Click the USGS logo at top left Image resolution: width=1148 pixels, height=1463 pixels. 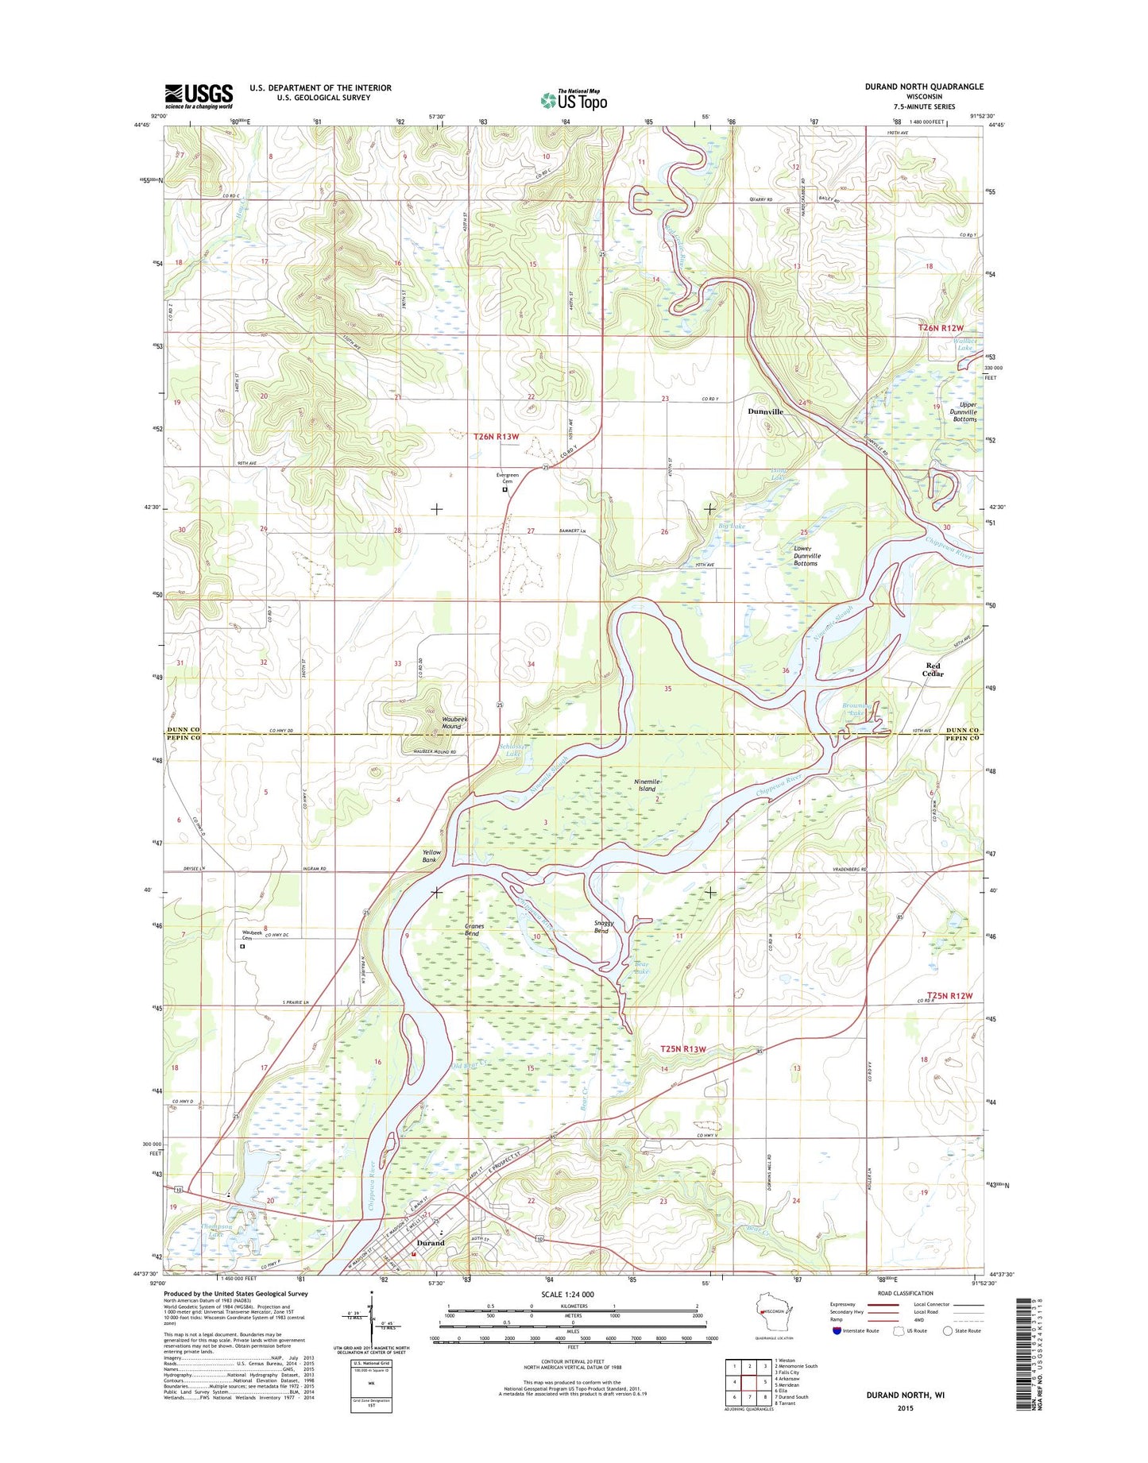click(x=199, y=96)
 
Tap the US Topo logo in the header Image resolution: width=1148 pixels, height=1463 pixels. click(x=574, y=100)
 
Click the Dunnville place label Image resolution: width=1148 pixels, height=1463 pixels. click(x=765, y=411)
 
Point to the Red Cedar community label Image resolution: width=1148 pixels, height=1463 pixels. click(x=933, y=670)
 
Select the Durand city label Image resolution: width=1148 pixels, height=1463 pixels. click(x=431, y=1243)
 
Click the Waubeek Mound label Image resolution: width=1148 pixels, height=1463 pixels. click(x=454, y=722)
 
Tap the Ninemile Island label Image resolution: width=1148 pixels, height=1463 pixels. click(x=647, y=785)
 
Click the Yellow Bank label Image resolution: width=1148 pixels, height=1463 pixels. click(x=430, y=856)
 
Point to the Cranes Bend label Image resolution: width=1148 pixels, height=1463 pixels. click(x=474, y=929)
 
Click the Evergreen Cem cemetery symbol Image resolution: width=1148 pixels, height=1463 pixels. click(x=504, y=490)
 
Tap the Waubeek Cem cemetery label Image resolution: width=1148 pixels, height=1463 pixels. click(x=250, y=936)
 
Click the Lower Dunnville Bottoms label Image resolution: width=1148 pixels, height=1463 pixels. click(x=806, y=556)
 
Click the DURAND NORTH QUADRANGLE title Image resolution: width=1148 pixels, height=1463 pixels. click(x=924, y=87)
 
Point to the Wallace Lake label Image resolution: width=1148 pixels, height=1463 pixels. click(x=964, y=344)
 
